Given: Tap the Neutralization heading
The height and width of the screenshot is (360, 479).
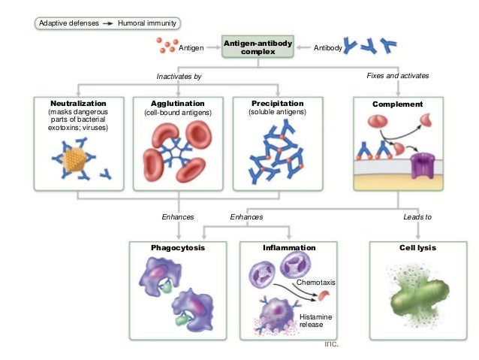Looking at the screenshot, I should [x=78, y=103].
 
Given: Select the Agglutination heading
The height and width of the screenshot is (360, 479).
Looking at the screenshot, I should [x=178, y=103].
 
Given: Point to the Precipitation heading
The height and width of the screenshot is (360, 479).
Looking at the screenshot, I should [x=278, y=103].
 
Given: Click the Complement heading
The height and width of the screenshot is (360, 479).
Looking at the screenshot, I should [x=397, y=104].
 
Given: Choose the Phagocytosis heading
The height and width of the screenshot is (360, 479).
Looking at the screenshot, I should [x=177, y=247].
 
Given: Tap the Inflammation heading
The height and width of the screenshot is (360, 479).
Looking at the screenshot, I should [x=289, y=247].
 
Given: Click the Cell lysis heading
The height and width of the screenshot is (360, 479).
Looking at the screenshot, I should [x=417, y=247].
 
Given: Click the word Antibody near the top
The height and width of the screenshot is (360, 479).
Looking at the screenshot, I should [x=328, y=49].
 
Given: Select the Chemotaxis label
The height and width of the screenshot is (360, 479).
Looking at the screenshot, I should [x=315, y=282].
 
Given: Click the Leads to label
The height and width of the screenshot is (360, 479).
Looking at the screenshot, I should [x=417, y=216].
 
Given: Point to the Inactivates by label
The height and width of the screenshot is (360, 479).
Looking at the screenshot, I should [x=179, y=77].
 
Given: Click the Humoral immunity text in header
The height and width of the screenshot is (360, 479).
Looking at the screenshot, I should [x=147, y=23].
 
